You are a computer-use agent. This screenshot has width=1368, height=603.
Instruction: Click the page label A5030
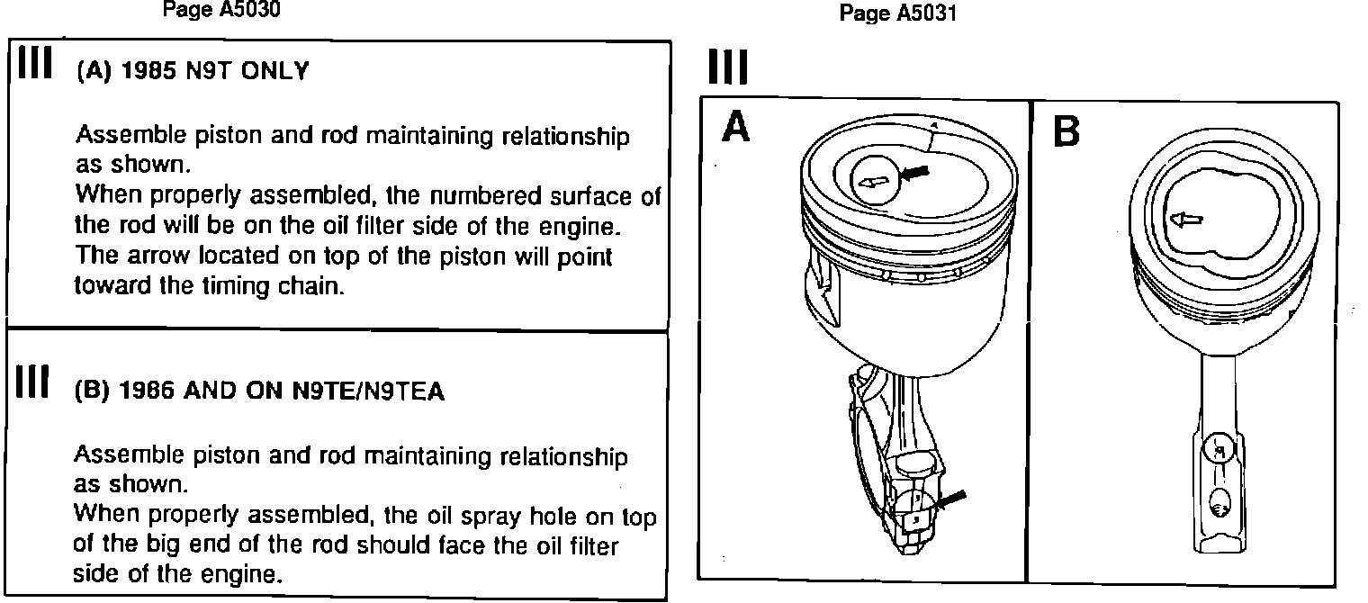(220, 12)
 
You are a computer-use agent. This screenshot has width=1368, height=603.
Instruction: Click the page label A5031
(897, 13)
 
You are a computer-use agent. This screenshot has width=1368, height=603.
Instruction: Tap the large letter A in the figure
(736, 129)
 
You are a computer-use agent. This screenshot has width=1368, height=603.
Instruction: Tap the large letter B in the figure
(1066, 132)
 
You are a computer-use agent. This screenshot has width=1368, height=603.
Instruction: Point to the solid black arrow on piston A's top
(914, 172)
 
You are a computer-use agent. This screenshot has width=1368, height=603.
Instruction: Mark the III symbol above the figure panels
(727, 67)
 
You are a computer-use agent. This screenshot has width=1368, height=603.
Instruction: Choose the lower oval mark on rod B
(1219, 506)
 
